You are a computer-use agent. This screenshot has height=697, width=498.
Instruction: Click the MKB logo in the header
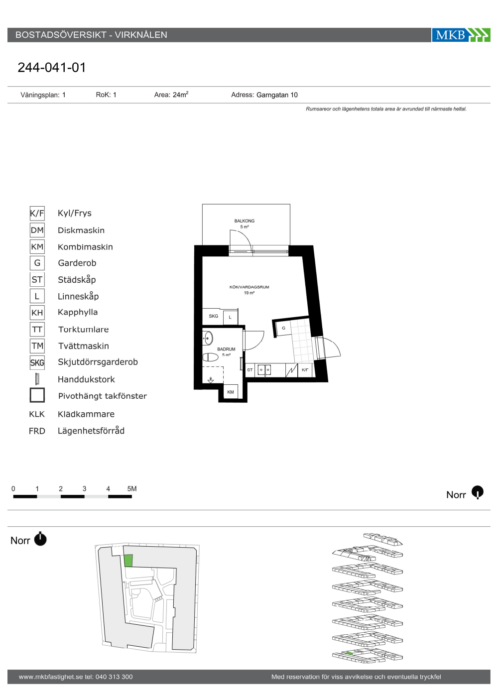click(461, 35)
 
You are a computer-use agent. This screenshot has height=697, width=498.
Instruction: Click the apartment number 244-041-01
click(52, 68)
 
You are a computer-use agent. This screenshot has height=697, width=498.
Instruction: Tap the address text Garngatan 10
click(277, 95)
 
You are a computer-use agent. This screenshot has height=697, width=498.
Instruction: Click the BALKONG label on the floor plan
click(245, 221)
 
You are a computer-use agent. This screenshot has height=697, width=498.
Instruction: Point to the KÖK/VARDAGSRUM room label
click(249, 287)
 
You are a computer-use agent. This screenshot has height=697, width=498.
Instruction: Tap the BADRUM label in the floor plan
click(226, 349)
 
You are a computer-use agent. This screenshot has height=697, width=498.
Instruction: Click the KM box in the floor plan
click(231, 392)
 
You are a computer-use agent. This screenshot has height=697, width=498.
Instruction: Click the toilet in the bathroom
click(211, 357)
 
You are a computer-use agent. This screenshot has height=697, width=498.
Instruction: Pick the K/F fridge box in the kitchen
click(305, 370)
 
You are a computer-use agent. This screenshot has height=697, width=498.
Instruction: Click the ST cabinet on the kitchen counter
click(250, 370)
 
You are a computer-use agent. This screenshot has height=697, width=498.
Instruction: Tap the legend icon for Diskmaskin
click(37, 230)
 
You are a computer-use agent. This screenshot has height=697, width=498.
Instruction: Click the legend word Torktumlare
click(84, 329)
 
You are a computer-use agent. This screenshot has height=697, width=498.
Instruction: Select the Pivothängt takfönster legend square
click(37, 395)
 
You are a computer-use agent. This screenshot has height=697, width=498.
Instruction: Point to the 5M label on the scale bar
click(132, 488)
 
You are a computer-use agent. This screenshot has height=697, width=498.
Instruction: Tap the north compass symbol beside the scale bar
click(477, 492)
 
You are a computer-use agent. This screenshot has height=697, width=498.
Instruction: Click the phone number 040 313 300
click(114, 677)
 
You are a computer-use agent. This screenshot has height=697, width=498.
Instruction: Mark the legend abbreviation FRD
click(37, 431)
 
